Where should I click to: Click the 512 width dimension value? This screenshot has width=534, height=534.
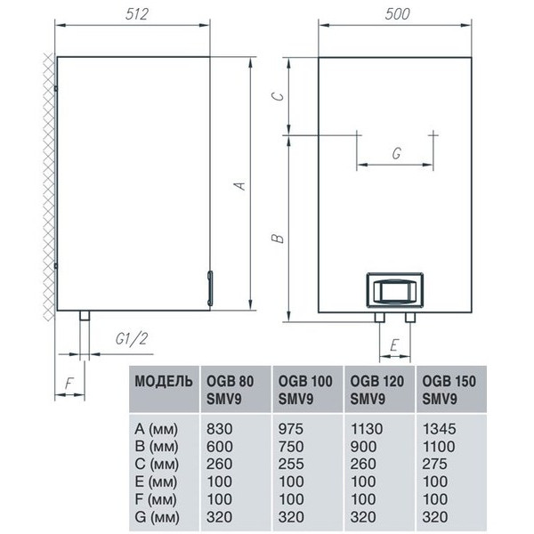pos(137,14)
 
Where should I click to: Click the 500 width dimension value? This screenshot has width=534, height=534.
pos(397,14)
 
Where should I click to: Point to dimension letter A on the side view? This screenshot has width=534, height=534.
pos(240,186)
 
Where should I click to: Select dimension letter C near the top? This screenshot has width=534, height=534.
pos(278,96)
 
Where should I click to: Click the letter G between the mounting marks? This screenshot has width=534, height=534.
pos(396,153)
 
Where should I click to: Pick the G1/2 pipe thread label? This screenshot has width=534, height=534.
pos(132,339)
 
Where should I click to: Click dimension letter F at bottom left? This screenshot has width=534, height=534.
pos(69,384)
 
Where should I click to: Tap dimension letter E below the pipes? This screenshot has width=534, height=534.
pos(394,345)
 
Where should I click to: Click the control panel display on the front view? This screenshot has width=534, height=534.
pos(394,289)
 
